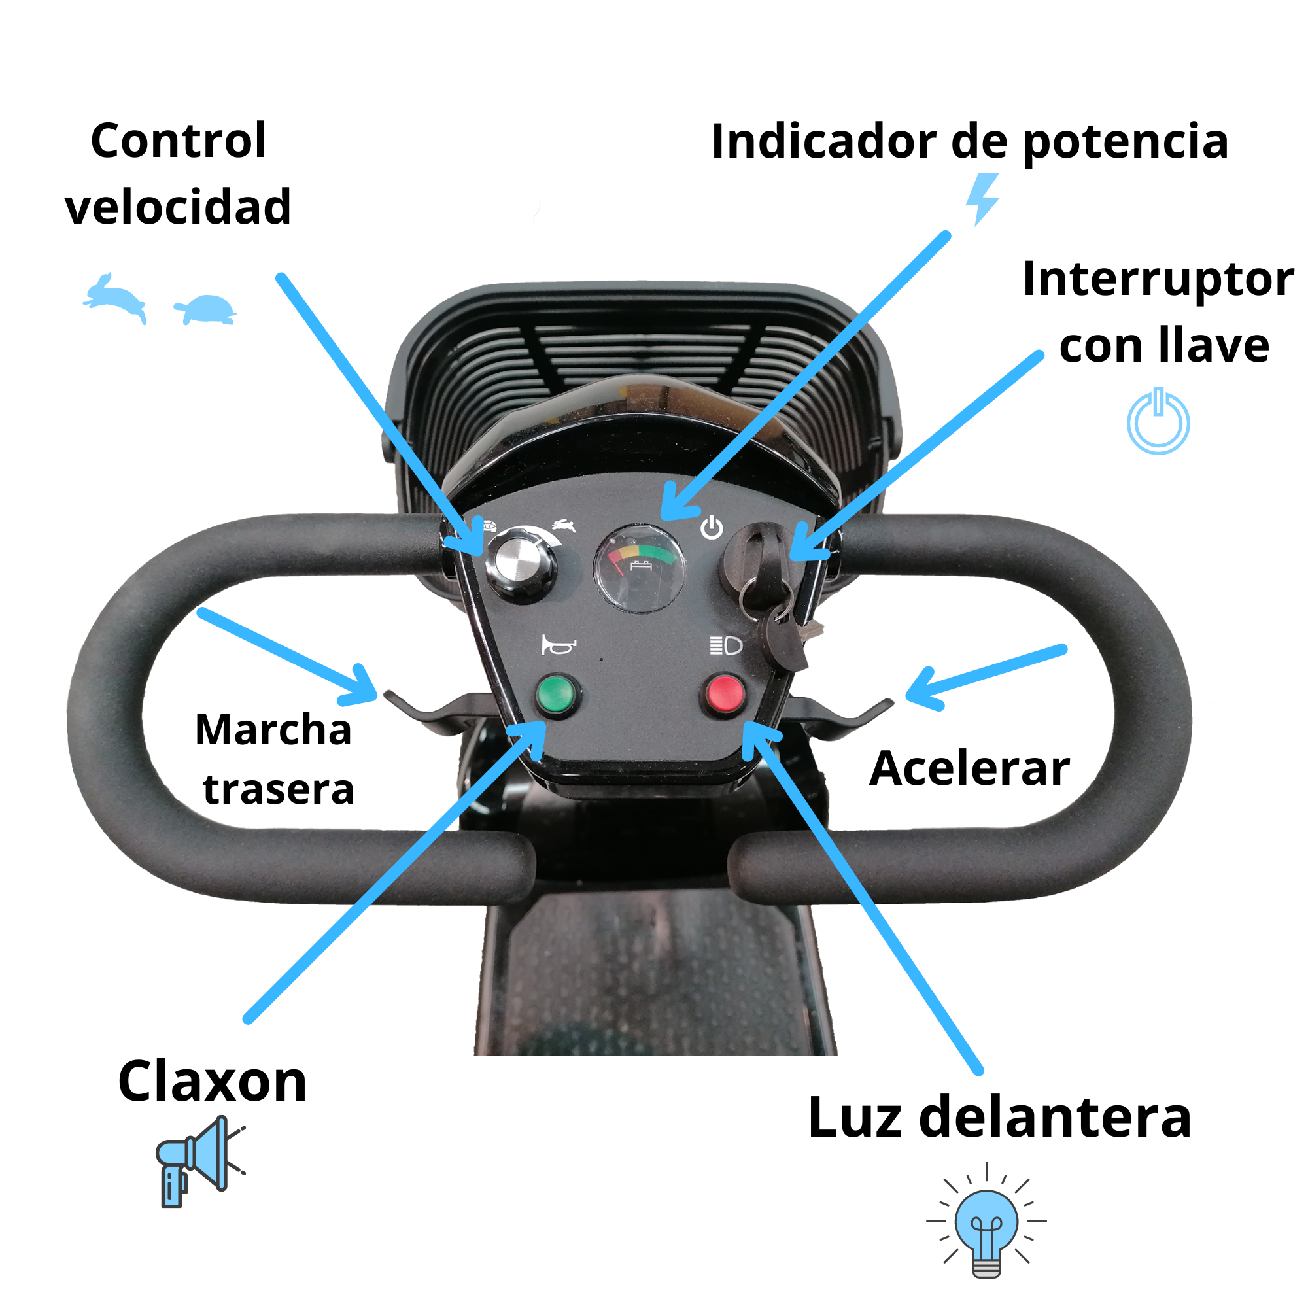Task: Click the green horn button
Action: tap(559, 693)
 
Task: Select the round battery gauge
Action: tap(638, 567)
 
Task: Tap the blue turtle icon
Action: tap(207, 309)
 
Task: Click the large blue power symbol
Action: tap(1158, 421)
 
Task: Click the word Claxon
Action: tap(211, 1082)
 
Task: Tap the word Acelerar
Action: tap(969, 769)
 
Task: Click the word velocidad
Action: tap(178, 207)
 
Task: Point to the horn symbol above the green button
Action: tap(558, 646)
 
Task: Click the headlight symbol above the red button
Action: tap(726, 645)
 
